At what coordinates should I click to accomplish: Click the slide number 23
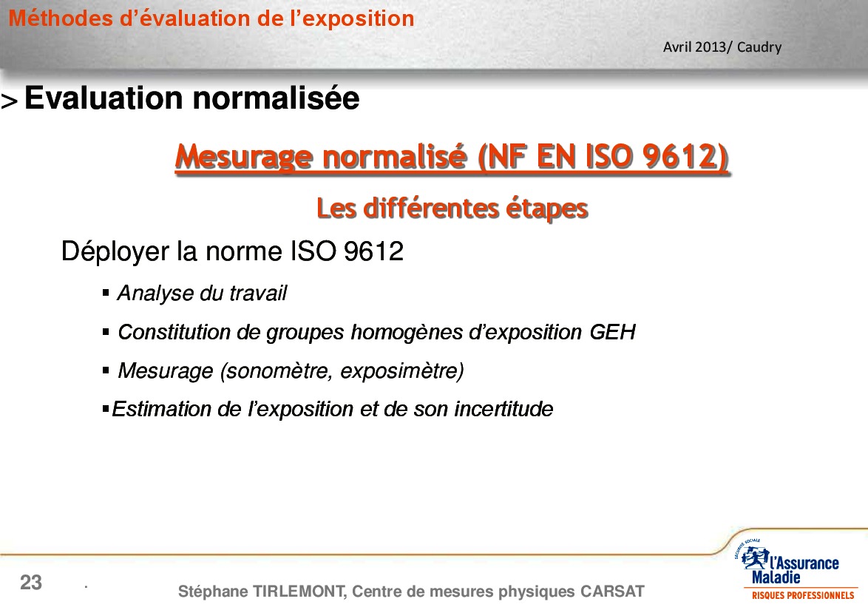pos(31,583)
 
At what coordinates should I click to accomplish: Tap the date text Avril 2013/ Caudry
pos(722,47)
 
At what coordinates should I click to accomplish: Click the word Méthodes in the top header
pos(61,18)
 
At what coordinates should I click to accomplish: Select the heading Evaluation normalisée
pos(192,98)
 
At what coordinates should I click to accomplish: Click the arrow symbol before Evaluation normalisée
pos(10,101)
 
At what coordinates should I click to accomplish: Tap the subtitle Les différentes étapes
pos(452,208)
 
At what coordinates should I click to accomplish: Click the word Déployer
pos(115,252)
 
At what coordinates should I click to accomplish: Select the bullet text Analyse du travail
pos(202,294)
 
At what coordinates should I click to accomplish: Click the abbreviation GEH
pos(612,332)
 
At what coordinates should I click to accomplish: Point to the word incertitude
pos(503,409)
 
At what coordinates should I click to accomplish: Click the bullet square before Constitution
pos(106,332)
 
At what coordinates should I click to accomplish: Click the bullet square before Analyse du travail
pos(106,293)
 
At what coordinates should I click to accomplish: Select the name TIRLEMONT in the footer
pos(299,592)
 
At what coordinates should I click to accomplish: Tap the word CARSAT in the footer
pos(612,592)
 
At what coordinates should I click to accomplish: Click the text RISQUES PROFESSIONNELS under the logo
pos(803,596)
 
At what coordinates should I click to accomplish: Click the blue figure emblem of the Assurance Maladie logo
pos(755,558)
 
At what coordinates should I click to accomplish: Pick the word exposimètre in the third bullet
pos(402,371)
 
